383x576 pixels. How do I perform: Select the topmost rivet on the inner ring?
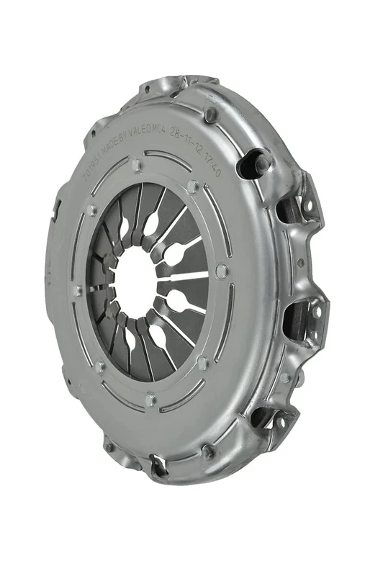(137, 165)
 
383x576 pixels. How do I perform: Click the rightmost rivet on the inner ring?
(222, 271)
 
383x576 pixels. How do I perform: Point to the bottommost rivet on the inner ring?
(150, 397)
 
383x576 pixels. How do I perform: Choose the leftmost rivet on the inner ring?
(78, 291)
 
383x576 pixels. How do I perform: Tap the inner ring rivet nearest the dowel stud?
(192, 186)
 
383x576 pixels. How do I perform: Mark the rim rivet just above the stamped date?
(210, 113)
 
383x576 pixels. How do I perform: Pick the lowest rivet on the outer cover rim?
(208, 451)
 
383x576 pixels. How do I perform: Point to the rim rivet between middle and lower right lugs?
(286, 377)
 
